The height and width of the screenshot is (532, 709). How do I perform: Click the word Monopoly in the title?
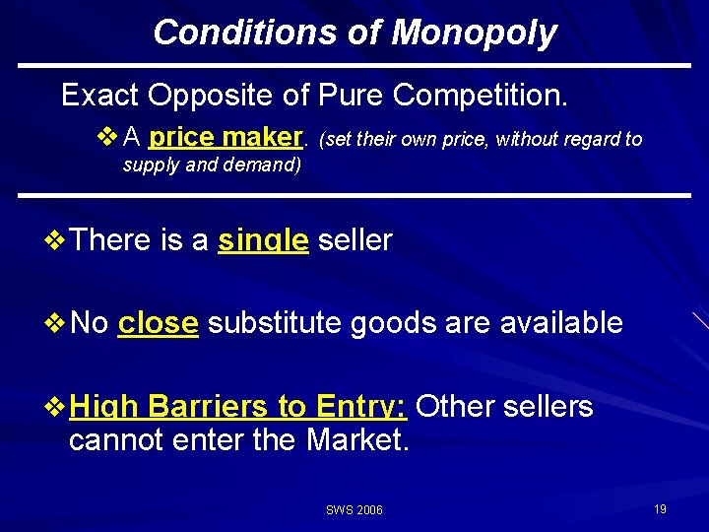tap(474, 33)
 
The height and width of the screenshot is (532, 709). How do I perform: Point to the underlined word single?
tap(263, 239)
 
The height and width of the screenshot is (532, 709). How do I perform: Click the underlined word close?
tap(158, 322)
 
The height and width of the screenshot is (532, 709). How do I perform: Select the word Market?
tap(356, 438)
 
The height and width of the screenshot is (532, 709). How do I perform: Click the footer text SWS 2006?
tap(354, 509)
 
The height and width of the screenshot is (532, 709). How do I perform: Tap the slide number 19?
tap(660, 508)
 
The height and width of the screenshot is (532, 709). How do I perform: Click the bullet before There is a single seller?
tap(57, 239)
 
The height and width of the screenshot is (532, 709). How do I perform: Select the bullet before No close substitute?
tap(57, 322)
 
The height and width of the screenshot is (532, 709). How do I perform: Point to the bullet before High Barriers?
tap(57, 405)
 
